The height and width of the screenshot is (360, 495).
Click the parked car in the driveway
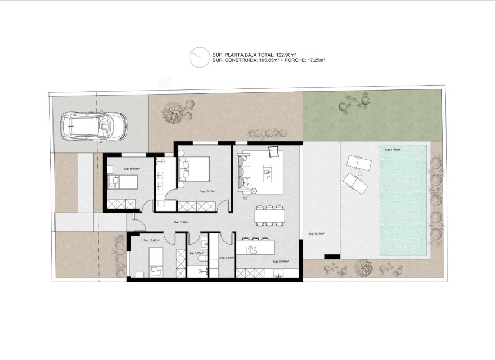[x=93, y=126]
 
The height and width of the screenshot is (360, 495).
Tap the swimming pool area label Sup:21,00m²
[x=392, y=150]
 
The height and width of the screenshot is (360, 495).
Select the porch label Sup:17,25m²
[x=316, y=233]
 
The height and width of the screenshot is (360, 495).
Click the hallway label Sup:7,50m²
[x=181, y=222]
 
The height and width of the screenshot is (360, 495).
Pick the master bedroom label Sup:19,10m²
[x=207, y=191]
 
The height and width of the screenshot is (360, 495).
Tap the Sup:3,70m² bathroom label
[x=195, y=254]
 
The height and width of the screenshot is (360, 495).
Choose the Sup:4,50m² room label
[x=226, y=258]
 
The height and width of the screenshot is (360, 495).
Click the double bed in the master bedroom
[x=194, y=168]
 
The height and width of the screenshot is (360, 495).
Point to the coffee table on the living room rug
[x=267, y=169]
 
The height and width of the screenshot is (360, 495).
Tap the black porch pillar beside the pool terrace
[x=331, y=257]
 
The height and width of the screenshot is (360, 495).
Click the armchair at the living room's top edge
[x=274, y=151]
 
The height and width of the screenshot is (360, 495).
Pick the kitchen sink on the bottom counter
[x=278, y=273]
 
